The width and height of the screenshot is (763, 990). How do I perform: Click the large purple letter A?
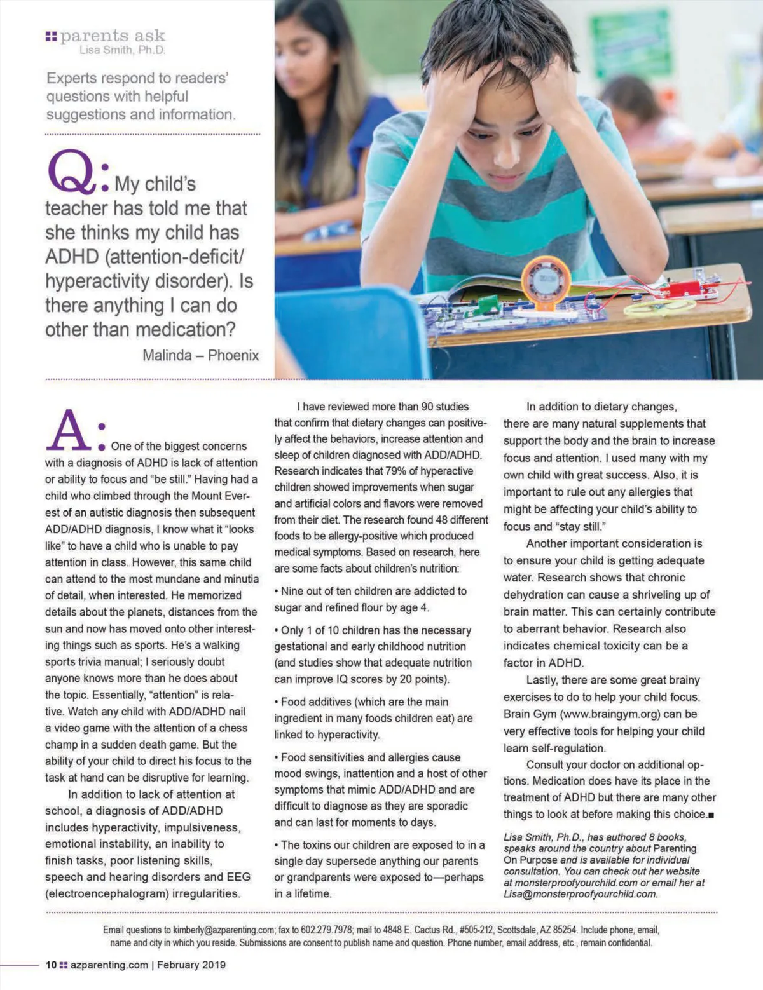(69, 431)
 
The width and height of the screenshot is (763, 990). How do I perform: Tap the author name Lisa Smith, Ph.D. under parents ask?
(122, 50)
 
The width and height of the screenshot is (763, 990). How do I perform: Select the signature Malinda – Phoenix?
(200, 355)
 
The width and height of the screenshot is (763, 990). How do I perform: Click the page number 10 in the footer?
(51, 965)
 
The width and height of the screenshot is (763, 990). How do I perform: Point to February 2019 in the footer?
(191, 965)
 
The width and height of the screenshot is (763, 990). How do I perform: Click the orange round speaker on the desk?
(546, 280)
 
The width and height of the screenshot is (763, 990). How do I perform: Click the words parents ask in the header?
(113, 36)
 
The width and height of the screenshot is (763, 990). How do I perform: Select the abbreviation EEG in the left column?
(237, 877)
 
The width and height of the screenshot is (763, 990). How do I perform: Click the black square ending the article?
(711, 815)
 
